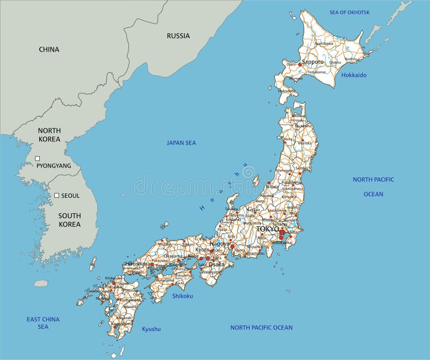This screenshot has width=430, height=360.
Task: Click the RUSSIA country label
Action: tap(178, 36)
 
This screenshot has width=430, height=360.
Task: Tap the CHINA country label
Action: tap(49, 49)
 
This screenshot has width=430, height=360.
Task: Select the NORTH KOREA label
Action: tap(49, 135)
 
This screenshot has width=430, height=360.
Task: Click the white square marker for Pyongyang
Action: tap(38, 159)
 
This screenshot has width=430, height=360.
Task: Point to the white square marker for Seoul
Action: tap(56, 196)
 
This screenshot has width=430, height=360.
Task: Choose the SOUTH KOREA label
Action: tap(69, 220)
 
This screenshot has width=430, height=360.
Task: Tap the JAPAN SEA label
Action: tap(181, 143)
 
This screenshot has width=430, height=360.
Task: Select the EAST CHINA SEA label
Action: tap(43, 323)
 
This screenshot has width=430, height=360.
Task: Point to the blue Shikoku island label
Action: tap(182, 296)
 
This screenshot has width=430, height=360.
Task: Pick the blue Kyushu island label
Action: tap(151, 329)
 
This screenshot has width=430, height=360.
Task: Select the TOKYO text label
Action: tap(268, 229)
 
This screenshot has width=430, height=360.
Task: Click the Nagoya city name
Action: tap(219, 243)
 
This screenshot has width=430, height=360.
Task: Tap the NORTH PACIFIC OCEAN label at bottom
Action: tap(261, 327)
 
